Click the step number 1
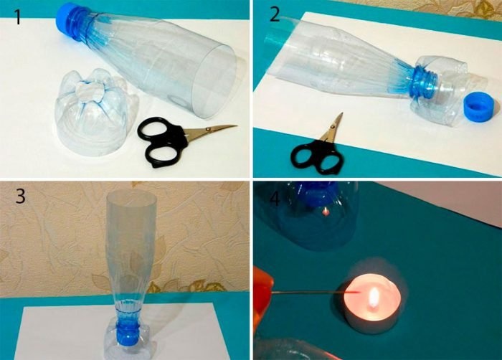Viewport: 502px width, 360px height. pos(18,16)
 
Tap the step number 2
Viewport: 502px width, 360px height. pos(275,14)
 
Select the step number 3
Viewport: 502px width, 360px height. pos(21,196)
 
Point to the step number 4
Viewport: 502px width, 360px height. pos(275,199)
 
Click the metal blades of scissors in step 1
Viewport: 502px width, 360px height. pos(211,131)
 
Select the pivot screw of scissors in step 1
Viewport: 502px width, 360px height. pos(208,129)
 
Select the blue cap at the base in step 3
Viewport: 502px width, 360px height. pos(127,334)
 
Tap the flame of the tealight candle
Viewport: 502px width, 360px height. pos(374,297)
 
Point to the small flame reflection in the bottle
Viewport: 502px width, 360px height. pos(326,212)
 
